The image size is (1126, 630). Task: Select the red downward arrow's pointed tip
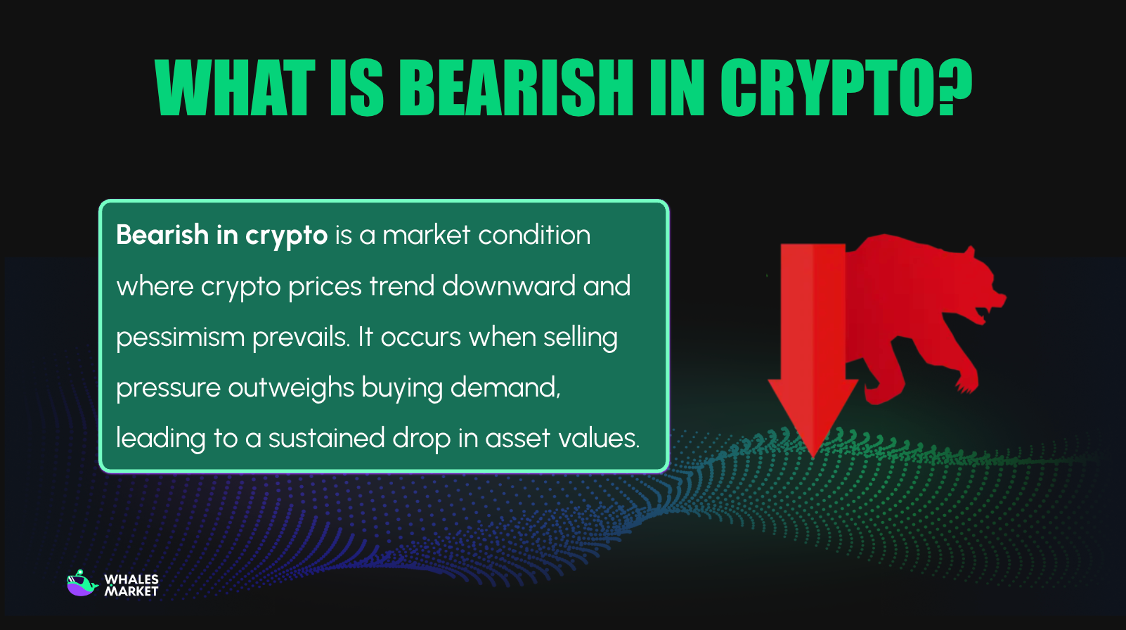click(813, 454)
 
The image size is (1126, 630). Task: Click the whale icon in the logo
click(82, 584)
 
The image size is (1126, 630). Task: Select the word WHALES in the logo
click(131, 579)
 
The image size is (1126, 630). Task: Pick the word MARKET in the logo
click(131, 592)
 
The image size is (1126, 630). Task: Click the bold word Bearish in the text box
click(162, 235)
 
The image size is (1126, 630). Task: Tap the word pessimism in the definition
click(180, 337)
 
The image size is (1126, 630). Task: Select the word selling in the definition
click(580, 337)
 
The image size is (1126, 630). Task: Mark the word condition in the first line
click(534, 235)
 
